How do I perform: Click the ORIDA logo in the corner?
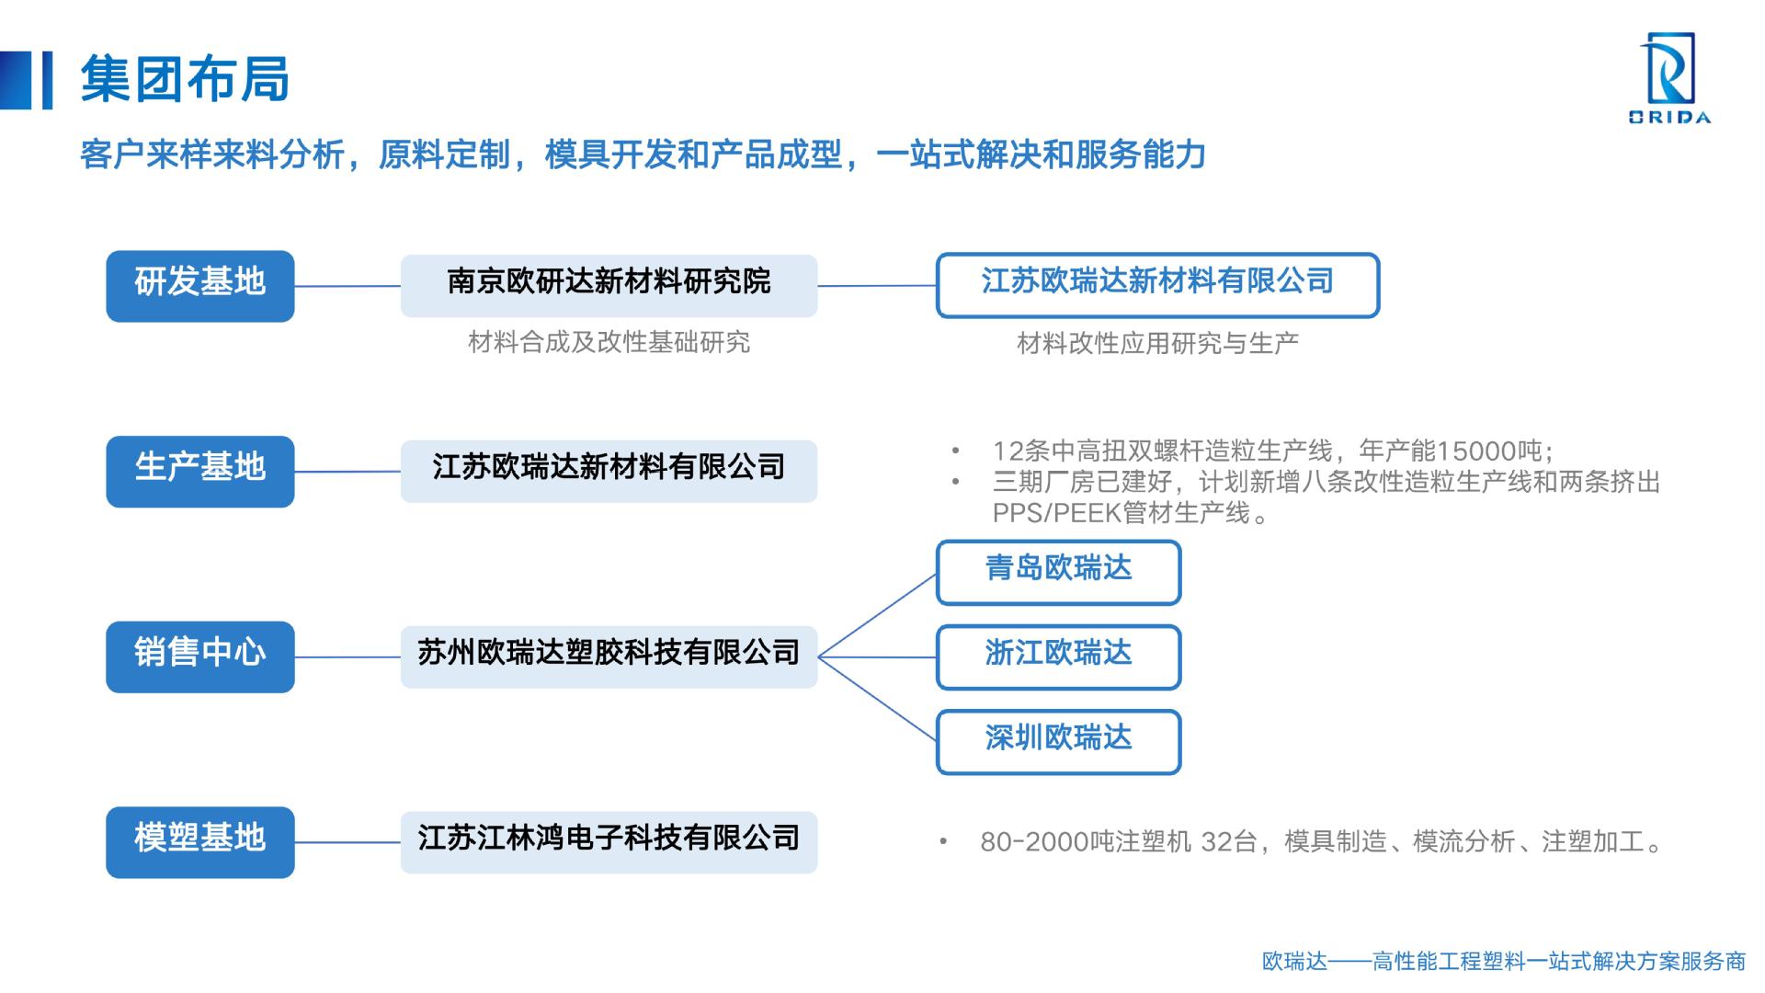click(x=1669, y=78)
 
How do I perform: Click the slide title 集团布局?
click(x=185, y=78)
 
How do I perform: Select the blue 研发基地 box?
click(x=200, y=286)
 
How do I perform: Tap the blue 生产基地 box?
click(x=200, y=472)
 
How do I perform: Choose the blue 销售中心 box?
click(x=200, y=657)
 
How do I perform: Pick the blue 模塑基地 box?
click(x=200, y=842)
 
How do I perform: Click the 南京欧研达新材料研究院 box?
click(x=609, y=286)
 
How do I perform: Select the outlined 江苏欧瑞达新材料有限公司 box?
click(x=1157, y=285)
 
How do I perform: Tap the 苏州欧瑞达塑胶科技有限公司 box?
click(x=609, y=657)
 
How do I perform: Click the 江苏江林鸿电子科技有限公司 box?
click(x=609, y=842)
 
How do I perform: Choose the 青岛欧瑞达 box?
click(x=1058, y=573)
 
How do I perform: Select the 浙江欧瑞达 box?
click(x=1058, y=657)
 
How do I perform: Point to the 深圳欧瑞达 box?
click(x=1058, y=742)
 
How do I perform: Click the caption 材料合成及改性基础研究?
click(x=609, y=342)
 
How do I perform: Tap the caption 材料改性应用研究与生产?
click(x=1157, y=343)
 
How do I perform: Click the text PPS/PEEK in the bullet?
click(x=1056, y=513)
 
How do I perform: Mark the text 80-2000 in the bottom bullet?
click(x=1034, y=842)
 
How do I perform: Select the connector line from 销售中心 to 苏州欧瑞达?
click(x=347, y=657)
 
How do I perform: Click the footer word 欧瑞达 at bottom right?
click(x=1295, y=962)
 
